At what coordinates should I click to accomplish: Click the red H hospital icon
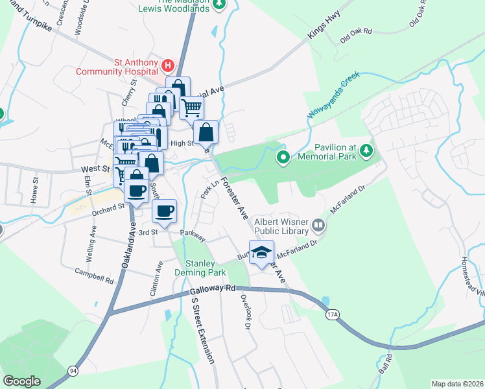pyautogui.click(x=168, y=65)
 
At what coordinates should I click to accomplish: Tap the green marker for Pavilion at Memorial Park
pyautogui.click(x=283, y=157)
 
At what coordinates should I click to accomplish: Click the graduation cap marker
pyautogui.click(x=261, y=253)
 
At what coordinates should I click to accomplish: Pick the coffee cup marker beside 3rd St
pyautogui.click(x=164, y=211)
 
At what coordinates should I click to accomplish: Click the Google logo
pyautogui.click(x=22, y=381)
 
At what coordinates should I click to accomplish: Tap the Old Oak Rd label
pyautogui.click(x=358, y=30)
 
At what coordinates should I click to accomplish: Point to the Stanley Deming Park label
pyautogui.click(x=206, y=268)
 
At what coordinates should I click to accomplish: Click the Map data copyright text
pyautogui.click(x=456, y=384)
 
